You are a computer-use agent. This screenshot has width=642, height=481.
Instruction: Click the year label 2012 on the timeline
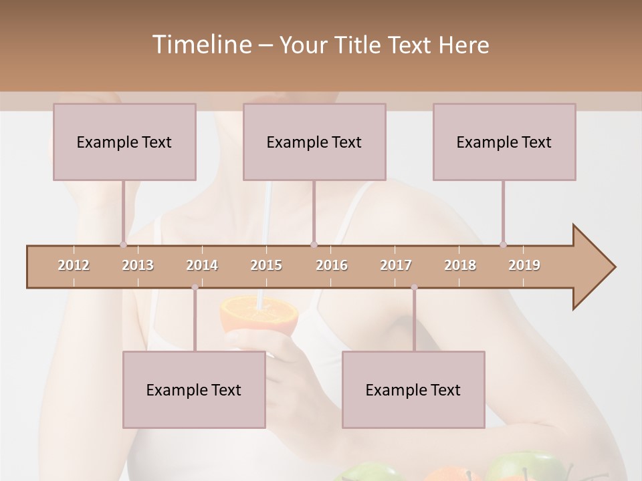coord(74,265)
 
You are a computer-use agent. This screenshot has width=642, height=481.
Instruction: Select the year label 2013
coord(138,265)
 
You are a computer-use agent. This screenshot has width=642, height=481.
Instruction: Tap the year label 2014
coord(202,265)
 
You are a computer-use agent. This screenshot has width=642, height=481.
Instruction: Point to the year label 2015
coord(266,265)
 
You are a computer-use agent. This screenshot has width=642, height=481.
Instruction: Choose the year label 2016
coord(332,265)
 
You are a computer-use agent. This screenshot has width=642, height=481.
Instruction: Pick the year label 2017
coord(396,265)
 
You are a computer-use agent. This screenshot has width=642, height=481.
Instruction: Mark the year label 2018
coord(460,265)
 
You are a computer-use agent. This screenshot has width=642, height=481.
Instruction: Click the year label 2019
coord(524,265)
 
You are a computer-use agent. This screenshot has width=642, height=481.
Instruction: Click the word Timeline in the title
coord(201,44)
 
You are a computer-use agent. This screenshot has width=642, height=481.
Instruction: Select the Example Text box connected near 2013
coord(124,142)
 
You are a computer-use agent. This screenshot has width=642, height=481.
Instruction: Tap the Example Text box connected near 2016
coord(314,142)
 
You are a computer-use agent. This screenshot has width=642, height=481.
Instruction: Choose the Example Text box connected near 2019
coord(504,142)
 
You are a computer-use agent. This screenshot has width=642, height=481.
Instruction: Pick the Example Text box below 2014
coord(194,389)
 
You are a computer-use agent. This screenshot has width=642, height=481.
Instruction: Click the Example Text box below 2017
coord(413,389)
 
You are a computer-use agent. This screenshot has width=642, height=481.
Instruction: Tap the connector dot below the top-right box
coord(503,245)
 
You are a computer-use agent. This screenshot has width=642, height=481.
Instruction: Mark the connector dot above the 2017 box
coord(414,287)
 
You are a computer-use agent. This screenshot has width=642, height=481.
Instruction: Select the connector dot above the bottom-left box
coord(195,287)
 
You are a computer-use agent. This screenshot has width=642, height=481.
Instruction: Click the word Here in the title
coord(464,45)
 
